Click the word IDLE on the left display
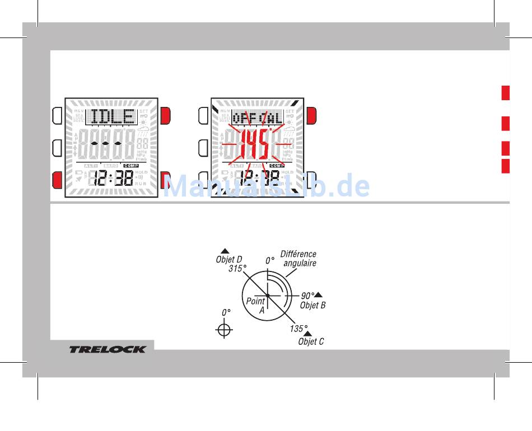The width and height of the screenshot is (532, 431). (113, 117)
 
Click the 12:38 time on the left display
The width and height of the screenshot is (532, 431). (113, 179)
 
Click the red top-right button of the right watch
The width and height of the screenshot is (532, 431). (311, 115)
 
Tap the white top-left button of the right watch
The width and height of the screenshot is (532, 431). (204, 115)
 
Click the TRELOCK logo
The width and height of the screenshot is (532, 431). (108, 349)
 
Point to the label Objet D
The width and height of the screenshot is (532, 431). (229, 260)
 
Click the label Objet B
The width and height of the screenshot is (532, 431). (312, 305)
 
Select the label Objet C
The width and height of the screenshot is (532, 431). (311, 341)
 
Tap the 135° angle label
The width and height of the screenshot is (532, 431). (298, 328)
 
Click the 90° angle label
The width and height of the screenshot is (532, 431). (307, 296)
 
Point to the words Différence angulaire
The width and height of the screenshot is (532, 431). (298, 259)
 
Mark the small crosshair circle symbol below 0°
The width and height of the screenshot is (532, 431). (224, 330)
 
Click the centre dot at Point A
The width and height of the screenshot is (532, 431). (268, 295)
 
